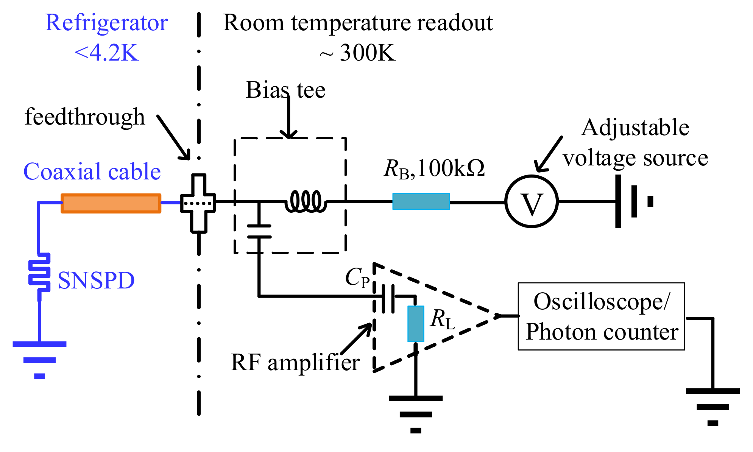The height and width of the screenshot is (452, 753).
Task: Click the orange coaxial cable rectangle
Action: pos(111,203)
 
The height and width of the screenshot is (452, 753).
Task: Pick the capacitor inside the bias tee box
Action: pos(259,231)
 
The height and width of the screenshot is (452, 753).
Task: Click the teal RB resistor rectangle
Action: pos(421,201)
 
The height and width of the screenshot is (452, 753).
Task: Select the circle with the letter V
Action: pos(532,201)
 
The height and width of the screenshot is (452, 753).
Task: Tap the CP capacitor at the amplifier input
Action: pos(388,299)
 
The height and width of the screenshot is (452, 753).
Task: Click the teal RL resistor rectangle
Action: pos(416,324)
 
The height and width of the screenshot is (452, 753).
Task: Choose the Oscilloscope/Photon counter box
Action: pos(601,316)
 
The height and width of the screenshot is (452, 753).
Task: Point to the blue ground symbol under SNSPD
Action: pos(40,360)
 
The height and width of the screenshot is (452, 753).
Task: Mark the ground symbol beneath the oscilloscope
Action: pos(712,407)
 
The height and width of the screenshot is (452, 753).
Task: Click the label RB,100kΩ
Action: pos(434,168)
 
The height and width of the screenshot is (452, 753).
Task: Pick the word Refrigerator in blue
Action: pos(106,23)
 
